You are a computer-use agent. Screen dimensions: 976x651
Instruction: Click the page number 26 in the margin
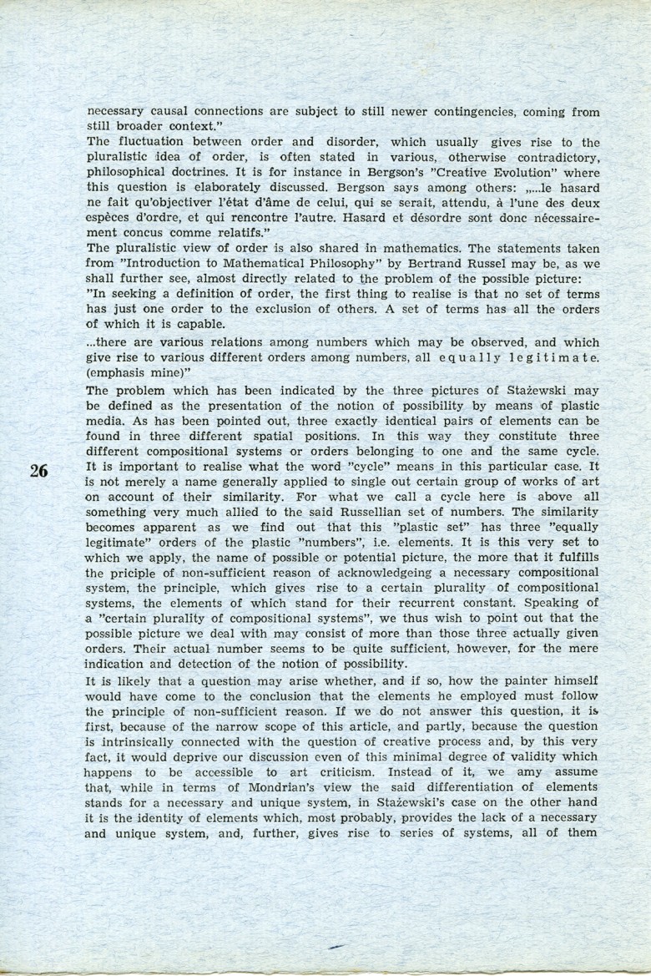pyautogui.click(x=38, y=470)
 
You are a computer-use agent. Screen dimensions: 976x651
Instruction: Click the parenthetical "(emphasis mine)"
pyautogui.click(x=134, y=373)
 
